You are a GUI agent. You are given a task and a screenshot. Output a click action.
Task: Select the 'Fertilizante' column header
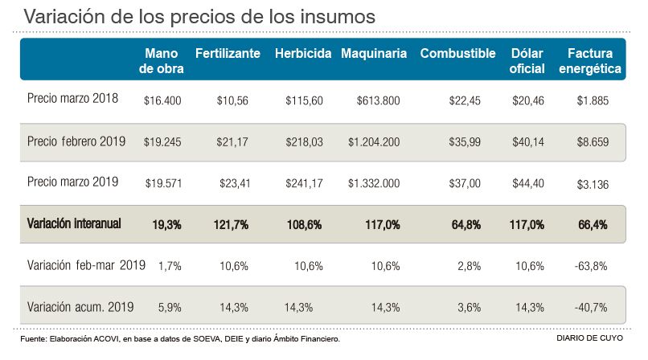click(x=228, y=54)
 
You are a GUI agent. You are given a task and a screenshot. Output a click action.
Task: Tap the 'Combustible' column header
click(x=457, y=54)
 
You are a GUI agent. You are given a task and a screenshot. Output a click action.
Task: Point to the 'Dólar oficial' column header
click(x=527, y=61)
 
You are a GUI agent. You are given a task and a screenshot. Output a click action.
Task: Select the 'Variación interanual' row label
click(x=74, y=223)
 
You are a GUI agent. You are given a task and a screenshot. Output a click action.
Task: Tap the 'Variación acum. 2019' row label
click(x=79, y=306)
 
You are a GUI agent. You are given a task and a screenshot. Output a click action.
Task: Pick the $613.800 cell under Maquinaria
click(x=378, y=100)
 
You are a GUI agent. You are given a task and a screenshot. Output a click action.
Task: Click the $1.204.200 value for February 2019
click(x=374, y=142)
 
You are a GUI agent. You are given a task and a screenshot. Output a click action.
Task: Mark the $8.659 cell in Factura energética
click(x=593, y=142)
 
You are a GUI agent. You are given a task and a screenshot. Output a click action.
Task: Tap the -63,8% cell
click(x=593, y=265)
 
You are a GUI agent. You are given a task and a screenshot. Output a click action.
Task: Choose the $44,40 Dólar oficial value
click(x=527, y=183)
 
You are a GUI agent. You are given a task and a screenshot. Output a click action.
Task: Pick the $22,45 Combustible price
click(x=464, y=100)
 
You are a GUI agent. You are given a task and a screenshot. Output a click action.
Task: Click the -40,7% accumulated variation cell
click(x=593, y=307)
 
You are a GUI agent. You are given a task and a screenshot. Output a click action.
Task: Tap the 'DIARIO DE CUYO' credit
click(x=589, y=339)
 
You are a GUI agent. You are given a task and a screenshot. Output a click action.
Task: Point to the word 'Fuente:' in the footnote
click(x=31, y=339)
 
